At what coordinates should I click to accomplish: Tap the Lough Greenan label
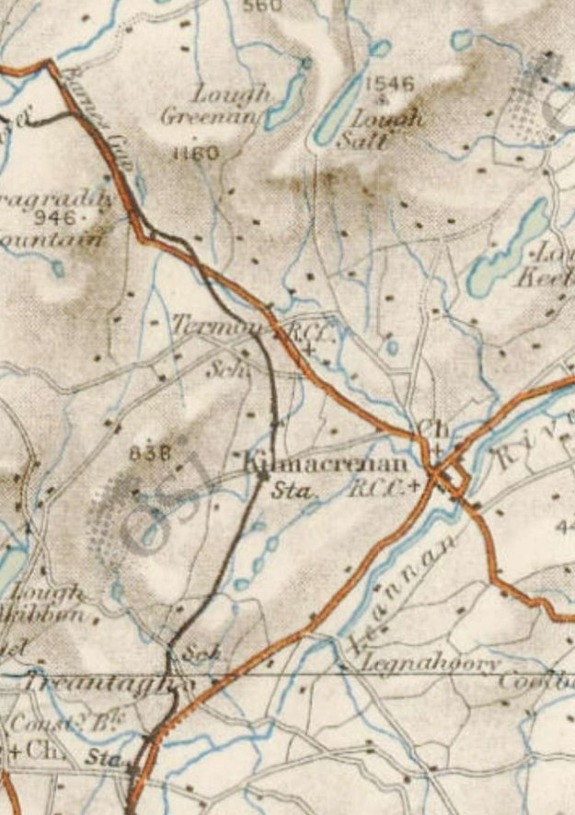(217, 105)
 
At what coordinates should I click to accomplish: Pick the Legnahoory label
(431, 663)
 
